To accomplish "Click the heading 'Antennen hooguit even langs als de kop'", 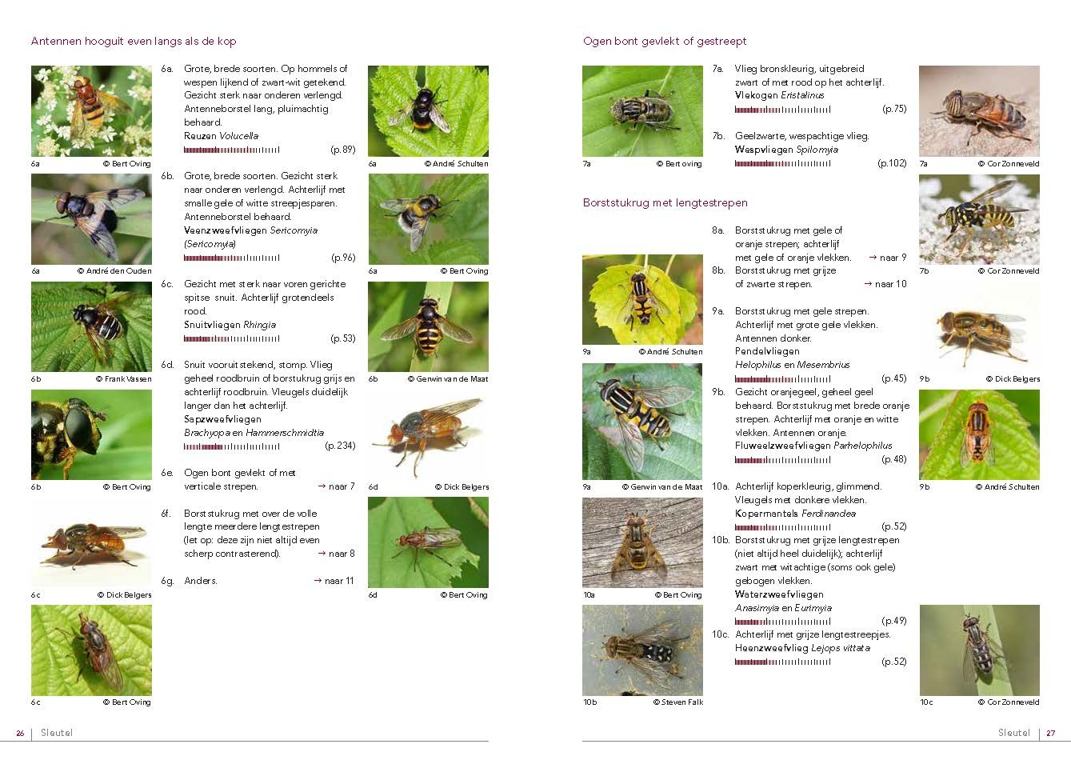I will [134, 41].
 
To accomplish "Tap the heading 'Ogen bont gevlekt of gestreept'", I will [665, 41].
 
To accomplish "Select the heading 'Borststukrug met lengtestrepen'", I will [665, 203].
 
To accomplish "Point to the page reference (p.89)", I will [343, 150].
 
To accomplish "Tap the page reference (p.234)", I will [341, 446].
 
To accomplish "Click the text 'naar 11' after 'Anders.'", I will [339, 581].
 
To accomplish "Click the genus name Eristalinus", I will [802, 95].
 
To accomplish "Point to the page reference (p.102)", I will [893, 163].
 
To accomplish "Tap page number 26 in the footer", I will [21, 733].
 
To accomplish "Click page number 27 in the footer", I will [1051, 733].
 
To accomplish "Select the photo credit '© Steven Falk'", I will [678, 702].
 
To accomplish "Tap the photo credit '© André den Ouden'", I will [114, 271].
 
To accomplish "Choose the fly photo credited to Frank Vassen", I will [91, 326].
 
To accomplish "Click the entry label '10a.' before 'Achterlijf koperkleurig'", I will [721, 486].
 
